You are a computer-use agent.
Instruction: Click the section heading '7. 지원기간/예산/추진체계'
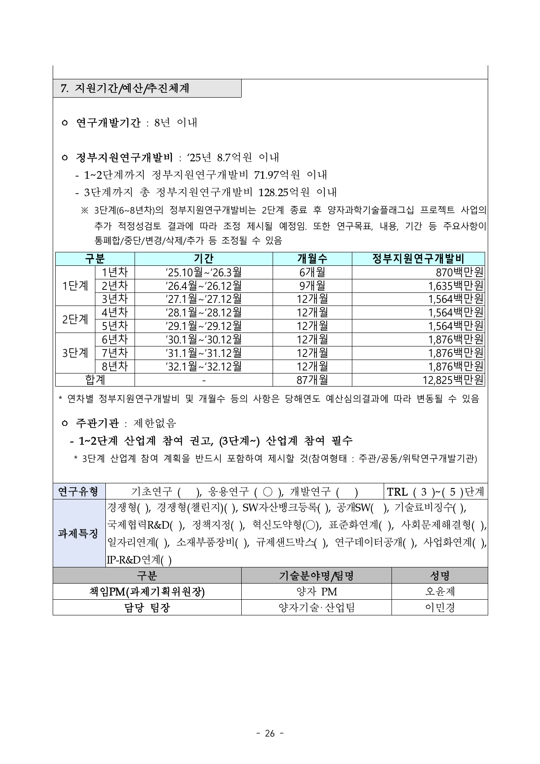(x=125, y=88)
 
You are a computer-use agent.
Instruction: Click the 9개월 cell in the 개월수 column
(x=312, y=286)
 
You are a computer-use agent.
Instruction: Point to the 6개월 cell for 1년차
(x=312, y=272)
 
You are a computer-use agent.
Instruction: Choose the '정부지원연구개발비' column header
(x=418, y=259)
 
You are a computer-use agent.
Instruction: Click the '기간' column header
(x=203, y=259)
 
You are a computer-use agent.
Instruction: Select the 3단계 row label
(x=75, y=353)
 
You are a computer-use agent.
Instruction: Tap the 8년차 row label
(x=115, y=366)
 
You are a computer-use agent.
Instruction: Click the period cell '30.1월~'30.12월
(x=203, y=339)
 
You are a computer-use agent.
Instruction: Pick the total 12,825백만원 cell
(x=453, y=380)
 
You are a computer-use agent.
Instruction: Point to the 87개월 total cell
(x=312, y=380)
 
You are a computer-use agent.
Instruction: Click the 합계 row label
(x=95, y=380)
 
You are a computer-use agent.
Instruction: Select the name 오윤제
(x=439, y=591)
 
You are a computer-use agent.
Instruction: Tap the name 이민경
(x=439, y=607)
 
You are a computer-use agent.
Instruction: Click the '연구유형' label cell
(x=79, y=492)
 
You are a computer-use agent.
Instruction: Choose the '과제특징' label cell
(x=79, y=533)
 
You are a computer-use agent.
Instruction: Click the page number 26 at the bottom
(x=270, y=733)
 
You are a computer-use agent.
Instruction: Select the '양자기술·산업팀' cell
(x=316, y=607)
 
